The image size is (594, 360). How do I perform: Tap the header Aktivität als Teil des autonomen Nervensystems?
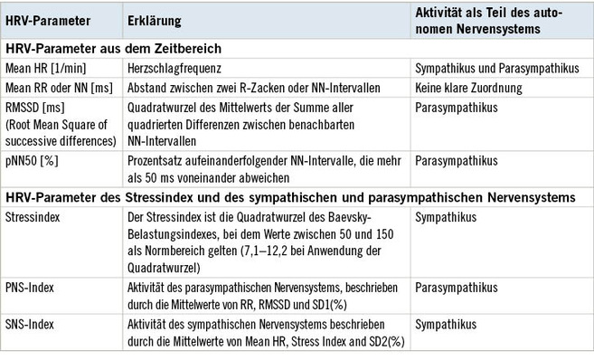(489, 20)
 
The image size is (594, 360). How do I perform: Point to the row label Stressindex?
(33, 219)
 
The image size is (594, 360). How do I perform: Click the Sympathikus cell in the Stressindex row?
(443, 219)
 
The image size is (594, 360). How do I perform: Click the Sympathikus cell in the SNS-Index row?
(443, 324)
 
